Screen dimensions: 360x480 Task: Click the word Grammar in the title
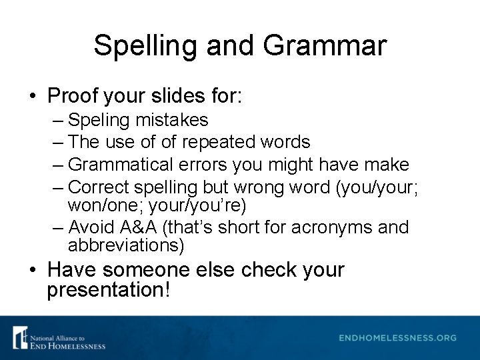325,46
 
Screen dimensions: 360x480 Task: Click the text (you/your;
378,186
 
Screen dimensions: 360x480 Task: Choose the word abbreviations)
126,245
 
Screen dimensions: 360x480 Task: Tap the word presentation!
109,290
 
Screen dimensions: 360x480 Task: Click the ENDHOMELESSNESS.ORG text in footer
397,338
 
